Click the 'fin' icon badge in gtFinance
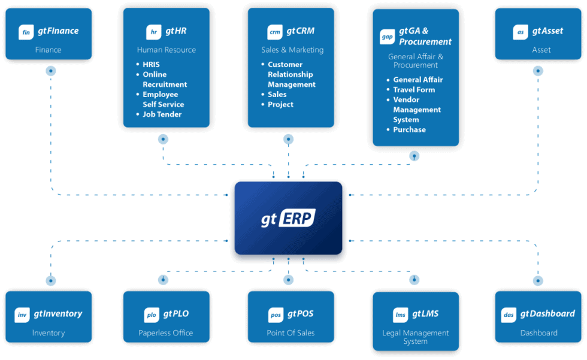(26, 32)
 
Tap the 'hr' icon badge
(153, 32)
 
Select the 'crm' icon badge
(275, 32)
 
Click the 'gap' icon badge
(388, 37)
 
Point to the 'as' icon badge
(521, 32)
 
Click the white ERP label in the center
(296, 219)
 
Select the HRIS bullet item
(151, 65)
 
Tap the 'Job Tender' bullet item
(162, 114)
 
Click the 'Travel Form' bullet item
(414, 90)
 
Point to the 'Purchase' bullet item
(409, 130)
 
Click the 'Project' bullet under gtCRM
(280, 105)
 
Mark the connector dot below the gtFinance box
(50, 71)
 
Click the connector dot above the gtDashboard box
(538, 280)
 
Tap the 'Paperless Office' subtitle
(166, 333)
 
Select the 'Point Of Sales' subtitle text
(291, 333)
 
